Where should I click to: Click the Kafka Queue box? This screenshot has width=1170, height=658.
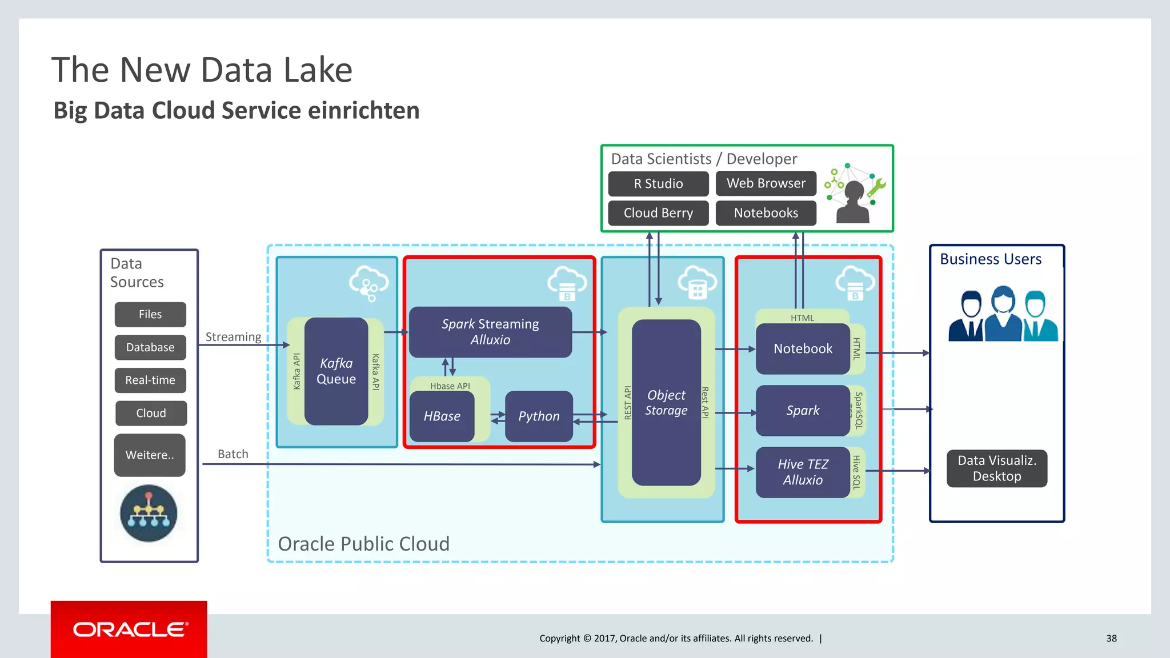[336, 371]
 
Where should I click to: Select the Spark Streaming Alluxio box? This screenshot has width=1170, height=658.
[490, 332]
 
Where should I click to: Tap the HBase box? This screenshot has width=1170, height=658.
[442, 416]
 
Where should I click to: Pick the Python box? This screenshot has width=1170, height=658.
[539, 416]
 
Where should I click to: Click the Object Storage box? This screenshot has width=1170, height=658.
[666, 403]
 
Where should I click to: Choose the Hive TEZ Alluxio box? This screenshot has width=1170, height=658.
[803, 472]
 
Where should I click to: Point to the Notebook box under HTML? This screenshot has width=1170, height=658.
[803, 348]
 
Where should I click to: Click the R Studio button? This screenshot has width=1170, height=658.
[658, 183]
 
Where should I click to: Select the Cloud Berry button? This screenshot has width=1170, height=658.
[658, 213]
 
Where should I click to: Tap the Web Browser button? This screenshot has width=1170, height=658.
[766, 183]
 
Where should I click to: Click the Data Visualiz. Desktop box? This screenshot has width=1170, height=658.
[996, 468]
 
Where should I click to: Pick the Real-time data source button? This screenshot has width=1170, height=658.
[150, 380]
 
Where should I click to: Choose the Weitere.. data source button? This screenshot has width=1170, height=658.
[150, 455]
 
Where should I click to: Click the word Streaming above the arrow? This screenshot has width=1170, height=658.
[233, 337]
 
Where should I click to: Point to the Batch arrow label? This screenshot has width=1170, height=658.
[233, 454]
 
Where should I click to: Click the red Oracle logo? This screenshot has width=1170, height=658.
[129, 629]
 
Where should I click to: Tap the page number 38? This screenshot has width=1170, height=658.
[1111, 639]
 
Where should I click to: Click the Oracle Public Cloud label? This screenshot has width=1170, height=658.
[363, 544]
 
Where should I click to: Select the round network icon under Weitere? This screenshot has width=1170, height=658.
[149, 513]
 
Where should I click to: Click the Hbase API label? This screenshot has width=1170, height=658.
[450, 386]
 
